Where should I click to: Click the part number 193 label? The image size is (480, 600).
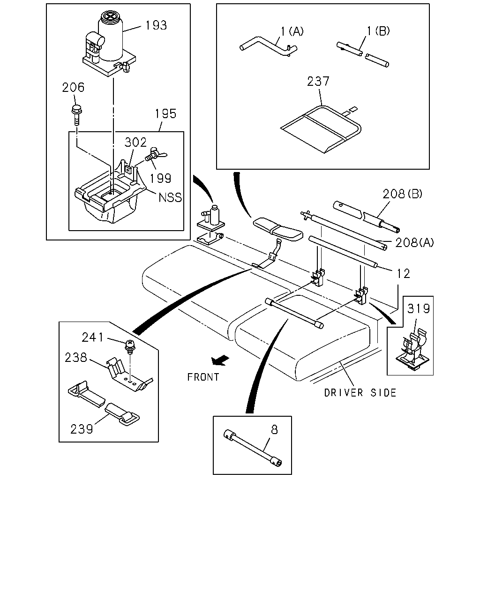tap(156, 25)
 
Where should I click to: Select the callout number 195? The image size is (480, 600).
tap(165, 114)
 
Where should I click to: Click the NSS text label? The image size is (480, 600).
tap(170, 197)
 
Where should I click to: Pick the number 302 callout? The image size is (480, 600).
tap(135, 142)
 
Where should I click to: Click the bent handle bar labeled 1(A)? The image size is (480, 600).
tap(269, 46)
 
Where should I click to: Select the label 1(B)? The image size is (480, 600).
tap(378, 31)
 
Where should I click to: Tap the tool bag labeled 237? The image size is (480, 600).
tap(321, 129)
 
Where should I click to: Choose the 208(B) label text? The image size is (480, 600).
tap(402, 194)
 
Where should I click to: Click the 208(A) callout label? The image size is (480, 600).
tap(415, 243)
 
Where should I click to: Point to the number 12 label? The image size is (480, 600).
tap(403, 274)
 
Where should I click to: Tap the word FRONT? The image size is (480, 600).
tap(203, 377)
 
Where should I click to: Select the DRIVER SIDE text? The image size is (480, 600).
tap(360, 393)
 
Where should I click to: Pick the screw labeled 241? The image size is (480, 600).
tap(130, 346)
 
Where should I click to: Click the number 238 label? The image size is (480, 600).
tap(76, 358)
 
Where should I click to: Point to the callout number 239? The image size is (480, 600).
tap(82, 429)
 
